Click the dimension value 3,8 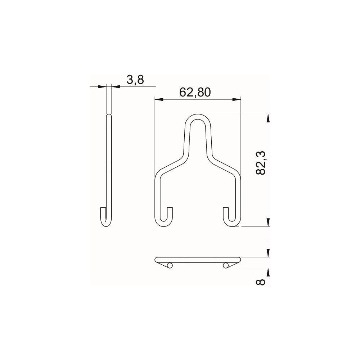tap(135, 80)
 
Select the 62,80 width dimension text tap(195, 92)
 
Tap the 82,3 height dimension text tap(261, 163)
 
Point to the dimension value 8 tap(261, 282)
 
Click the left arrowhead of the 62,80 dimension tap(159, 99)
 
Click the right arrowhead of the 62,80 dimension tap(237, 99)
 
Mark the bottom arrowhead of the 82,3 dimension tap(268, 222)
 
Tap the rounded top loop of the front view tap(198, 117)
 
